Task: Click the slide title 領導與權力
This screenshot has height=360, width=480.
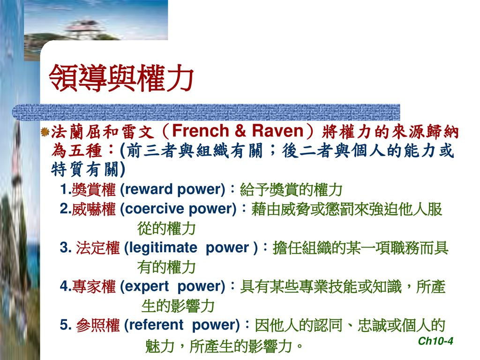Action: click(x=121, y=78)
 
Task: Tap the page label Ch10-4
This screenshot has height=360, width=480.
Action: click(x=435, y=341)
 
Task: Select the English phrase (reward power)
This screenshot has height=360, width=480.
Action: click(x=173, y=190)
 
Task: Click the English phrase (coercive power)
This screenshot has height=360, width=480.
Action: click(x=178, y=210)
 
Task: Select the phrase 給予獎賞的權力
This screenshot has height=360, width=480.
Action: click(x=291, y=190)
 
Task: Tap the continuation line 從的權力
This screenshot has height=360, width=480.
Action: click(x=166, y=229)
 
